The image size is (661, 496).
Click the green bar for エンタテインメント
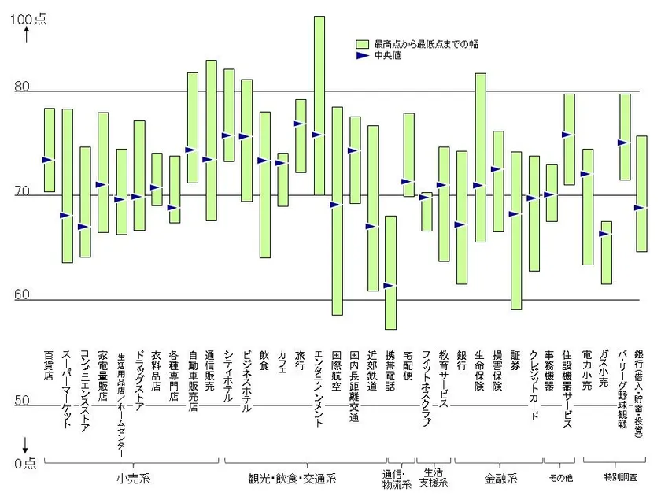click(319, 105)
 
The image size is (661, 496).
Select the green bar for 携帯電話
click(390, 272)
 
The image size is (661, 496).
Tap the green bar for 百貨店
click(49, 150)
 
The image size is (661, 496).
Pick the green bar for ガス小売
click(606, 252)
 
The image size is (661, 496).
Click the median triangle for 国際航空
click(335, 205)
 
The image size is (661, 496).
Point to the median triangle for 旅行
click(300, 124)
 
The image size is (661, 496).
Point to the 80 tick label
click(22, 87)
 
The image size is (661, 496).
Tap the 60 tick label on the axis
click(22, 295)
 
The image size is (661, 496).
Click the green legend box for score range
click(362, 44)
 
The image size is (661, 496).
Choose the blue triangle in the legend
click(362, 56)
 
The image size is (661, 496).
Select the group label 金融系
click(500, 478)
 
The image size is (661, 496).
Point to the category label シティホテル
click(229, 376)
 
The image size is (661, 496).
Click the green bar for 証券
click(516, 231)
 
